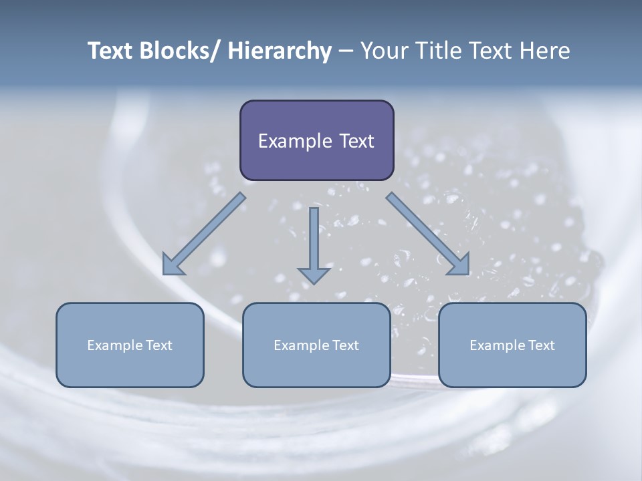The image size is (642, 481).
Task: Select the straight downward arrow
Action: [x=314, y=245]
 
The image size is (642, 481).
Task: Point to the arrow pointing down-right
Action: [x=428, y=234]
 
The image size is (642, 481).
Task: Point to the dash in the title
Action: [x=346, y=51]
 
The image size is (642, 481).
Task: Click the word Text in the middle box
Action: [x=345, y=345]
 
